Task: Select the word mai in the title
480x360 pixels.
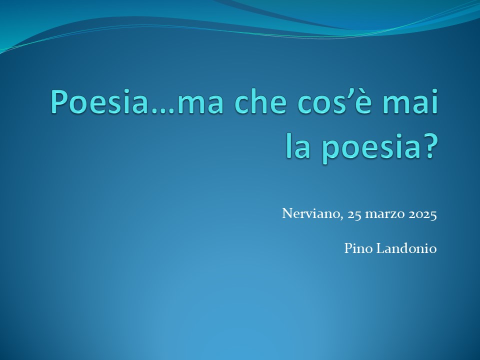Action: [x=411, y=101]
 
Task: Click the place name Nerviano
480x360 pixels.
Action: [x=310, y=213]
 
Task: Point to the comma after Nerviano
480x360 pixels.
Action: [x=341, y=218]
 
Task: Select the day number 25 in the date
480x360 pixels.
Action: [x=354, y=214]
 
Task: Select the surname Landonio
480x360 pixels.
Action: [x=406, y=248]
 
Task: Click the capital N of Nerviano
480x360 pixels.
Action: [x=287, y=213]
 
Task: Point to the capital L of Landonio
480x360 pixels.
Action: [x=380, y=248]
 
